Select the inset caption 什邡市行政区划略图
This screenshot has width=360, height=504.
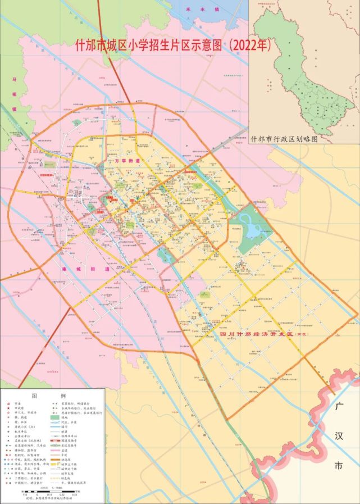pos(285,137)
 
